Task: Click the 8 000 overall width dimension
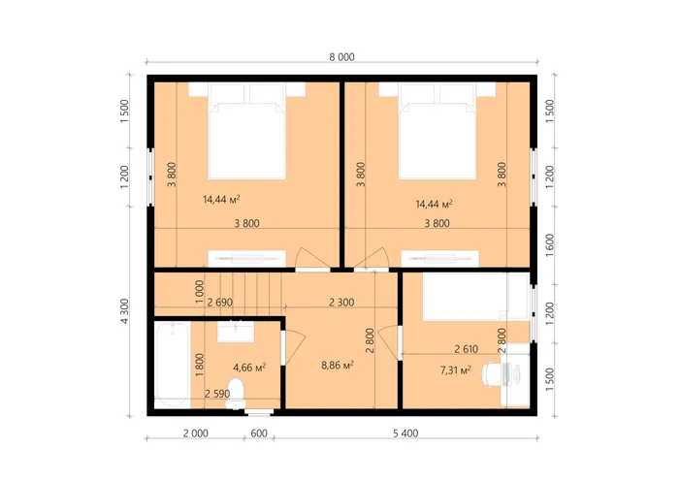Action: (341, 57)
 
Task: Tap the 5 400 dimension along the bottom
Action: (405, 433)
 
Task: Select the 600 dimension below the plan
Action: (259, 433)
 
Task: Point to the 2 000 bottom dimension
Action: (195, 433)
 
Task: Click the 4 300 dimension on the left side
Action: (124, 311)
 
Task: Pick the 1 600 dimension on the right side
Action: (550, 245)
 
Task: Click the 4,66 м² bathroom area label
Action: (249, 368)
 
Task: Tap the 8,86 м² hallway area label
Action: (338, 365)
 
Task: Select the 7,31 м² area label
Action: (456, 370)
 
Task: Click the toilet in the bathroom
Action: (236, 394)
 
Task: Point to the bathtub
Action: (173, 365)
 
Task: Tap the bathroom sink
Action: (236, 332)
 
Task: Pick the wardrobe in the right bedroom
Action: (439, 259)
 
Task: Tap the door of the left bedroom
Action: (312, 258)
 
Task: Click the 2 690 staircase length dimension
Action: (220, 303)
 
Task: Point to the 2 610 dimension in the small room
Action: (466, 348)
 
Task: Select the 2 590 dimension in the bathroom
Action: (217, 394)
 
